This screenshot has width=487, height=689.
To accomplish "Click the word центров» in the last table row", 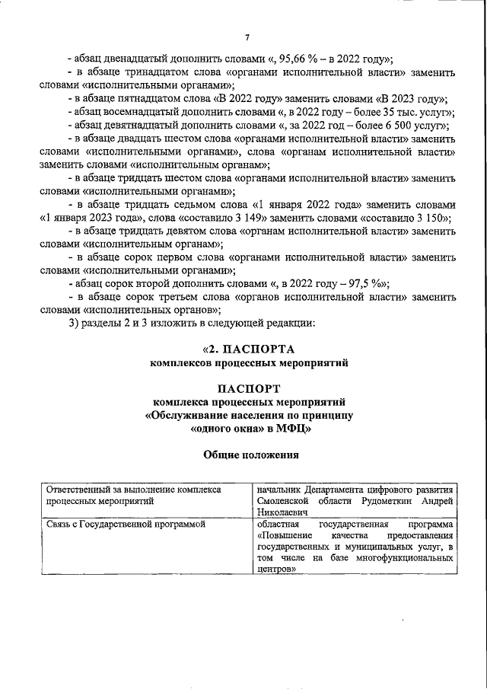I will click(276, 569).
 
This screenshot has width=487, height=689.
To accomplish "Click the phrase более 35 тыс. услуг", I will click(406, 112).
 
